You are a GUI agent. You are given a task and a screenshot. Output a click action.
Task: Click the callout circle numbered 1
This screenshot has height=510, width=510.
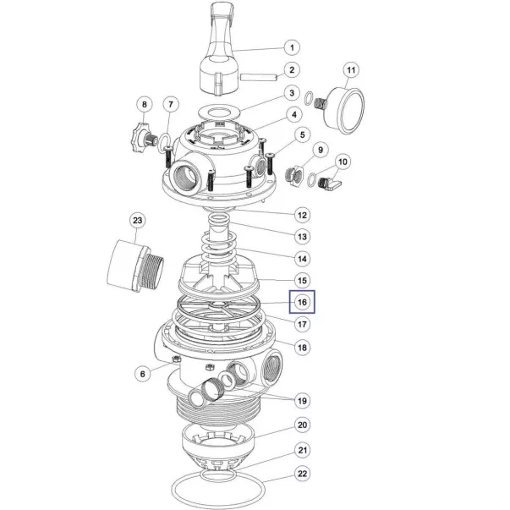(x=292, y=48)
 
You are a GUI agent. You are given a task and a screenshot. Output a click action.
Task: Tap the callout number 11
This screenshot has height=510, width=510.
(x=351, y=70)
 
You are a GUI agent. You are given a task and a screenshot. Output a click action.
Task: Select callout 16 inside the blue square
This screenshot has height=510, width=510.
(x=302, y=302)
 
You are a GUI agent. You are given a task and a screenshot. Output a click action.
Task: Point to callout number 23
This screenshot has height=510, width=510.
(x=137, y=221)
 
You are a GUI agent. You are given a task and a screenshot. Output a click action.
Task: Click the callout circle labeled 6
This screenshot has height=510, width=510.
(x=142, y=374)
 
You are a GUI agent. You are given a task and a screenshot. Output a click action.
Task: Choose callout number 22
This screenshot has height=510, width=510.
(x=302, y=474)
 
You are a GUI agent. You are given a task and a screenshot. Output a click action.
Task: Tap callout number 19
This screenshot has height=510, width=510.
(x=302, y=401)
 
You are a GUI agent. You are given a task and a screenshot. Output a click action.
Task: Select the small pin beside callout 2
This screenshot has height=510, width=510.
(x=259, y=78)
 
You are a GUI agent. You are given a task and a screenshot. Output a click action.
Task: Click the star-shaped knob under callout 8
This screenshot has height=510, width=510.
(x=140, y=138)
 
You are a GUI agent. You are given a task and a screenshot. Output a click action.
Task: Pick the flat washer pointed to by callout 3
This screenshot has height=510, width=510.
(x=220, y=112)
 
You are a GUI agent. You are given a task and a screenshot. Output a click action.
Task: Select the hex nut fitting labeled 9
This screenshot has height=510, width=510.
(x=295, y=176)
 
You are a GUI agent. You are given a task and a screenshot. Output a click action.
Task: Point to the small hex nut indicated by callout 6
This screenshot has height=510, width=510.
(x=175, y=359)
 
